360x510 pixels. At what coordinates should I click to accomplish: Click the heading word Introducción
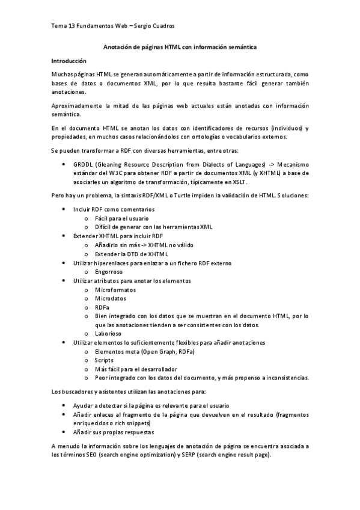(x=69, y=61)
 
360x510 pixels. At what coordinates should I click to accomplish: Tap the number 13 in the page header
(x=72, y=26)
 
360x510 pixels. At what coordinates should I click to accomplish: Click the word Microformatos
(x=115, y=290)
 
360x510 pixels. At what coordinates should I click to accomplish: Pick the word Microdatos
(x=111, y=299)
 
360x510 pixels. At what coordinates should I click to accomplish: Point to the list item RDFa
(x=102, y=307)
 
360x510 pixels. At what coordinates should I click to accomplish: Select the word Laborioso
(x=108, y=334)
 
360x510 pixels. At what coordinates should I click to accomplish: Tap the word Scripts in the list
(x=105, y=360)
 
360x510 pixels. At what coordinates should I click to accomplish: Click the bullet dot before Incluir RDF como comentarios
(x=64, y=209)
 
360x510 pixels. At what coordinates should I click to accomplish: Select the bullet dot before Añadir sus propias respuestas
(x=64, y=433)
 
